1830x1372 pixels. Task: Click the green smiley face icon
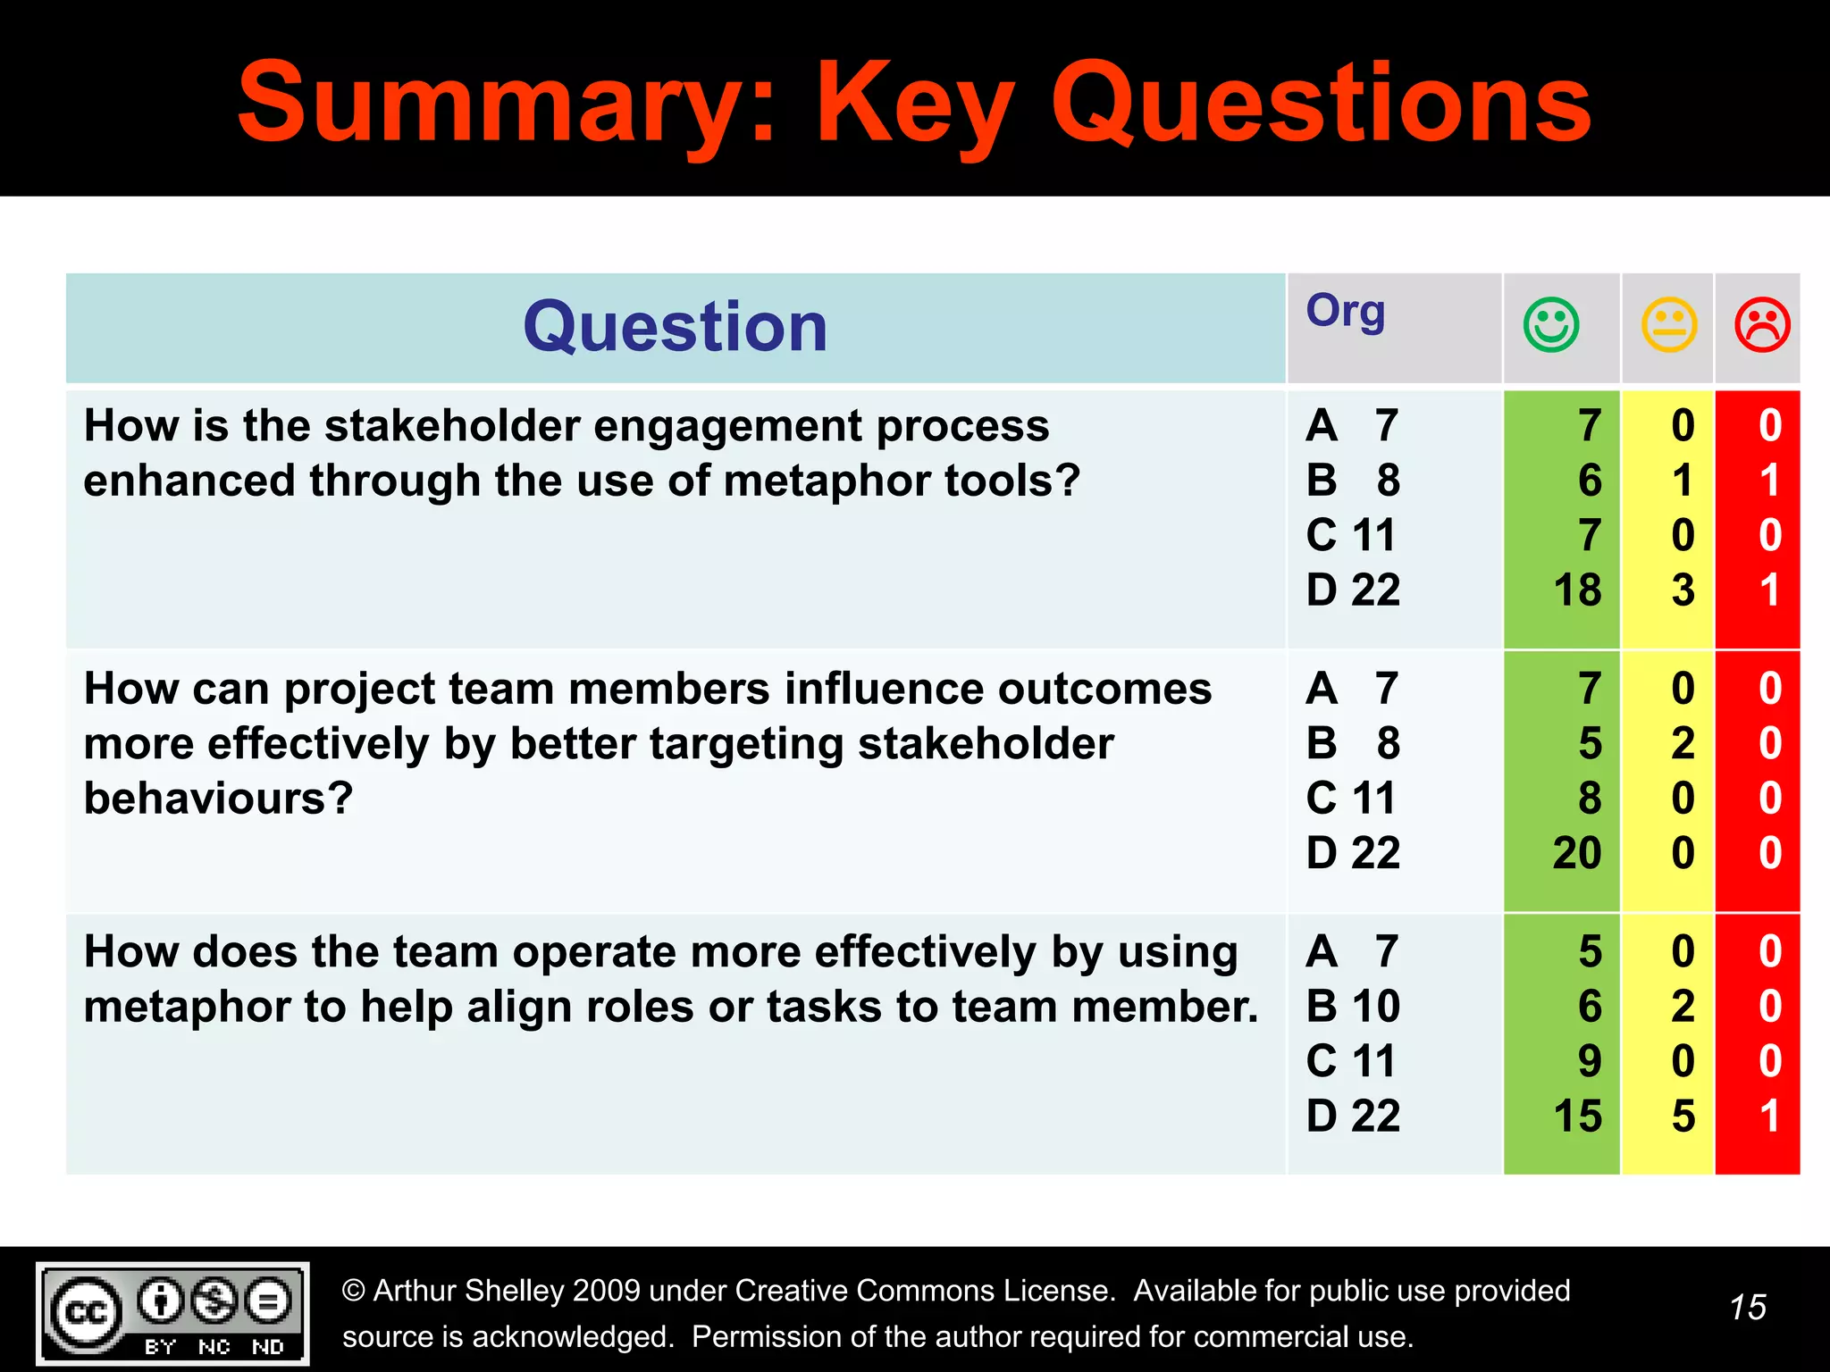1551,324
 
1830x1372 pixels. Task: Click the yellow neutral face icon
1668,324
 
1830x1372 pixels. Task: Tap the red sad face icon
1762,324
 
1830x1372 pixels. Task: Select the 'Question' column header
676,327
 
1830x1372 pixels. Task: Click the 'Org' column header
1346,312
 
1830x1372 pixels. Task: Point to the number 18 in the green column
1577,590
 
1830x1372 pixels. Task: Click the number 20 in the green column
1577,853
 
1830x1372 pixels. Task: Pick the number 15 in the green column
1577,1117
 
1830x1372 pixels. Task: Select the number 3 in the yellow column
1683,590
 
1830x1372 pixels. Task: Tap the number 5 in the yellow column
1683,1117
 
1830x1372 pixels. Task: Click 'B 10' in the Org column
1353,1007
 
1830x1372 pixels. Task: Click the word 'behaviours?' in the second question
219,799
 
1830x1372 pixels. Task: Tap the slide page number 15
1747,1308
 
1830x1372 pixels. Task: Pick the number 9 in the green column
1590,1061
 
